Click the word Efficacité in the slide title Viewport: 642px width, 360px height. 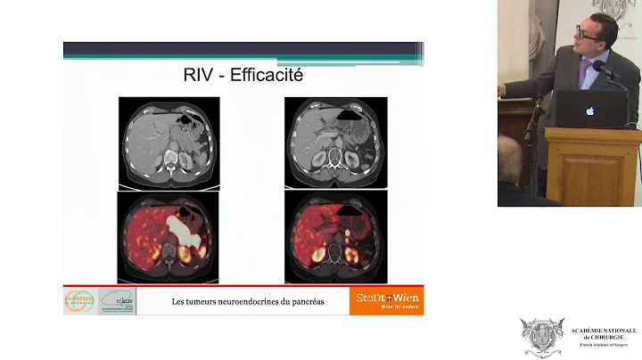pos(267,75)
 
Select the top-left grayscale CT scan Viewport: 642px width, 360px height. pos(168,141)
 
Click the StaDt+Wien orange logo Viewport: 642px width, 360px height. pos(386,300)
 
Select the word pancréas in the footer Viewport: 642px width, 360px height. pos(306,301)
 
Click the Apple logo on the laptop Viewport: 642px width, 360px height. pos(589,111)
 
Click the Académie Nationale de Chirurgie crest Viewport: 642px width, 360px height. pos(542,338)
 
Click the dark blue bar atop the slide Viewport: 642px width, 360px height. pos(243,49)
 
